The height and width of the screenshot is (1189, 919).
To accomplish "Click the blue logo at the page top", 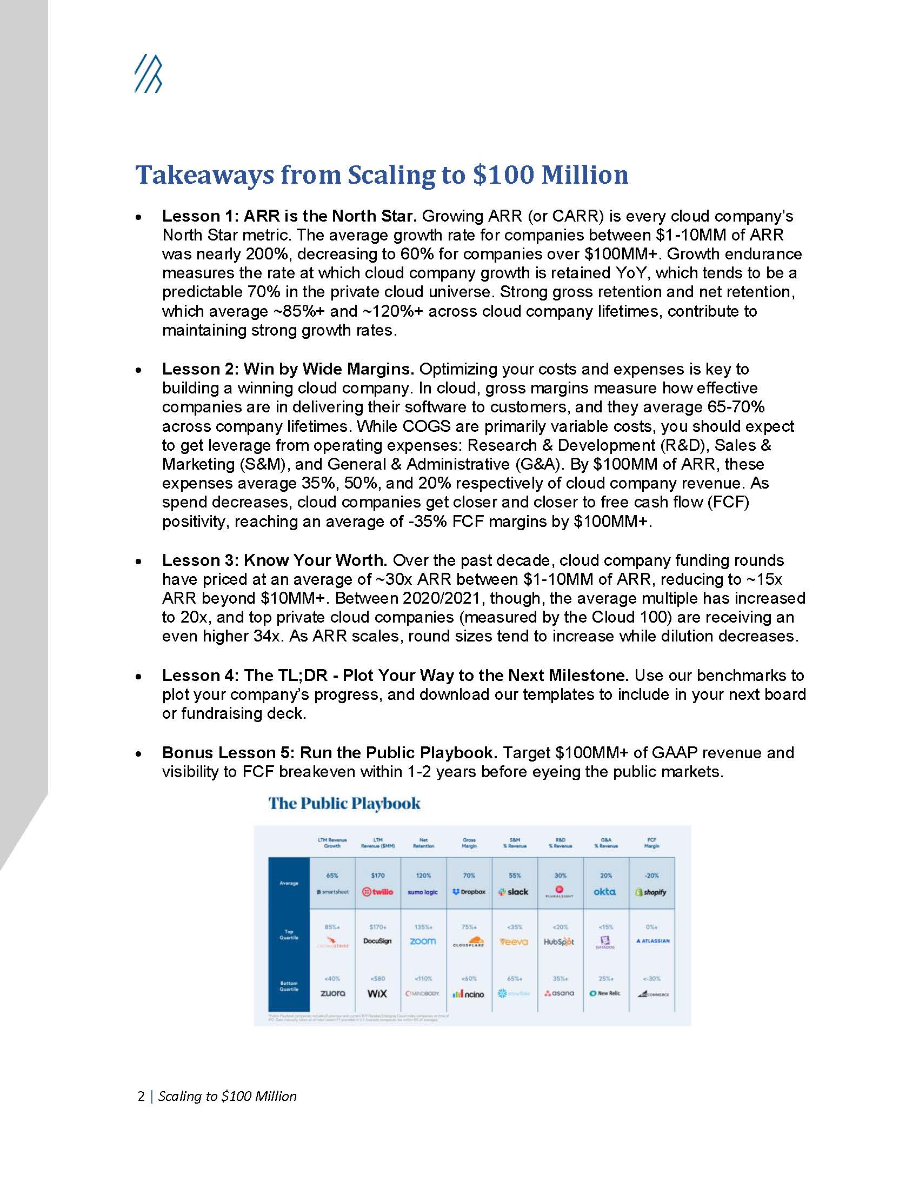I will point(148,74).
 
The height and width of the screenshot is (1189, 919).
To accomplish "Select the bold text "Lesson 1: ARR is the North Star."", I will point(289,216).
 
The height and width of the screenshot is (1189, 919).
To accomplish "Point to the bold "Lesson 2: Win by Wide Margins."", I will point(288,369).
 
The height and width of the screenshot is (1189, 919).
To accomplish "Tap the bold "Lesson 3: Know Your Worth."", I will point(275,560).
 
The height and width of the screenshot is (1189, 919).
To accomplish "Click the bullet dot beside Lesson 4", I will point(139,677).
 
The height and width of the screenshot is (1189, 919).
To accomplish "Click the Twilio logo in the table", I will point(377,892).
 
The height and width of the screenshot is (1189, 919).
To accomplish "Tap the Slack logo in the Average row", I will point(514,892).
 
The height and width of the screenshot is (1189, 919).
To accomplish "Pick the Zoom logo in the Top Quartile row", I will point(423,941).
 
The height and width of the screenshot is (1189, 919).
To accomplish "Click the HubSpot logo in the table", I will point(559,941).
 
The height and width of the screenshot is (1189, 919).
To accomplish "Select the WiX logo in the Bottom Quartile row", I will point(377,993).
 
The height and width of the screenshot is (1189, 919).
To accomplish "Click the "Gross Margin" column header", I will point(469,843).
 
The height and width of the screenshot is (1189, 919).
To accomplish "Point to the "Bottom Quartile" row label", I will point(289,986).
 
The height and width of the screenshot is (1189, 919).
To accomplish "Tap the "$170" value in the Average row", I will point(377,876).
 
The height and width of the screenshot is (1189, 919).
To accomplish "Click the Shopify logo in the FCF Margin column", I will point(651,892).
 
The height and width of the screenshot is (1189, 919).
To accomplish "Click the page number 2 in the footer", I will point(141,1096).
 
